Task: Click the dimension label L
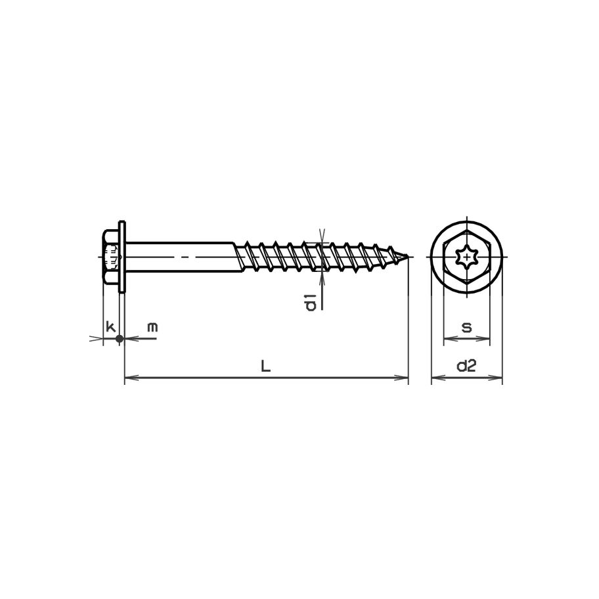click(265, 366)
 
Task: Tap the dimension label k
click(111, 326)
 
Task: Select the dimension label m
click(152, 326)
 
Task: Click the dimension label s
click(466, 327)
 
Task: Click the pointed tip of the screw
click(410, 256)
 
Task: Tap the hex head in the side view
click(111, 256)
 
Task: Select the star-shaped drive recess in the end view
click(467, 255)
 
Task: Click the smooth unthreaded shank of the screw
click(177, 256)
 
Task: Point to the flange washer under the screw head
click(122, 256)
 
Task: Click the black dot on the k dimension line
click(119, 339)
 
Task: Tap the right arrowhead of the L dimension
click(404, 378)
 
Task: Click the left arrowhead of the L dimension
click(129, 378)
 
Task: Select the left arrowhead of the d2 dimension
click(435, 378)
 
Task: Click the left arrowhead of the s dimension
click(449, 339)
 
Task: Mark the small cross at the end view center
click(467, 255)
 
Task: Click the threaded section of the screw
click(315, 256)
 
